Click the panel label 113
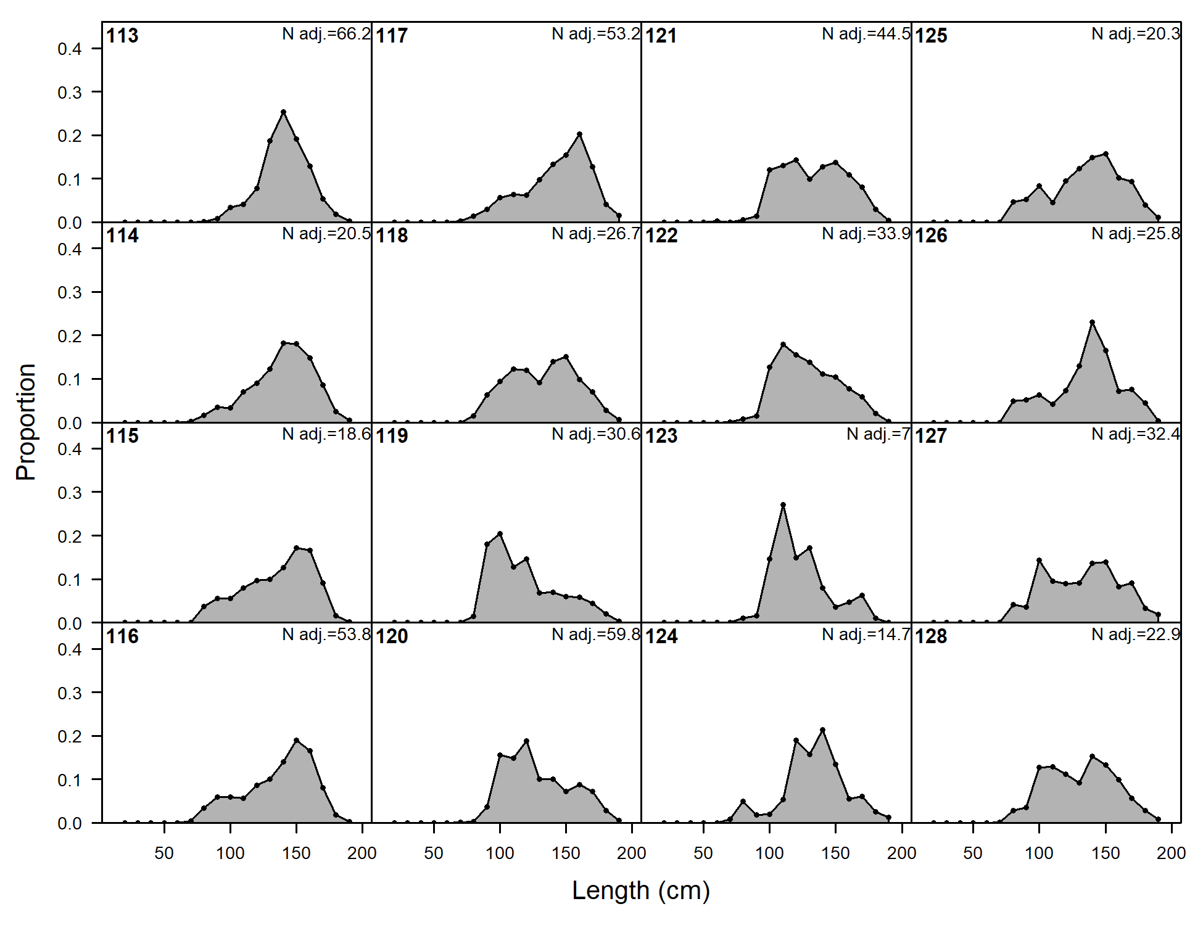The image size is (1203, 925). pos(122,36)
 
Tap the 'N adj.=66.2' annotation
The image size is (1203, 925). pos(326,34)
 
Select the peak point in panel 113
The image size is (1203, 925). pos(283,112)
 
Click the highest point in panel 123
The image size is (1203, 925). pos(783,505)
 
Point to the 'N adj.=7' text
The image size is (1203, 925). pos(878,434)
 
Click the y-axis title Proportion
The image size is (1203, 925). pos(26,422)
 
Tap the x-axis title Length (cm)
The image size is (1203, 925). pos(641,890)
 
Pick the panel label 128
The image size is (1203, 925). pos(930,636)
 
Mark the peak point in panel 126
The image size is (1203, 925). pos(1092,323)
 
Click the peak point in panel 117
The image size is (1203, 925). pos(579,134)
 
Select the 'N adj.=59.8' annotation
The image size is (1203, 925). pos(595,635)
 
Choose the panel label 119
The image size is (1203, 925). pos(392,436)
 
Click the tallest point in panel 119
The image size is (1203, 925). pos(500,533)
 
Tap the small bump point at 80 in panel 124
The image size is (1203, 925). pos(743,801)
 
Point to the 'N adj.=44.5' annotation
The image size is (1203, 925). pos(866,34)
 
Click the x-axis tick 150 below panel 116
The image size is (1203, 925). pos(296,853)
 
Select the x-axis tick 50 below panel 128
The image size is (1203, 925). pos(973,853)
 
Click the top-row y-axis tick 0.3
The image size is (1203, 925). pos(70,92)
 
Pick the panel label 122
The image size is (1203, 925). pos(661,236)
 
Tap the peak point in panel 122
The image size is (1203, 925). pos(783,345)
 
